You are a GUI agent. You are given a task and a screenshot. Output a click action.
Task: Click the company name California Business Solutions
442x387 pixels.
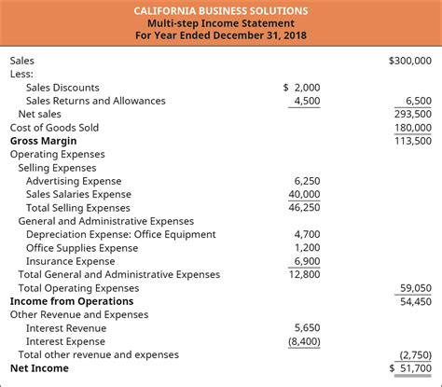point(221,9)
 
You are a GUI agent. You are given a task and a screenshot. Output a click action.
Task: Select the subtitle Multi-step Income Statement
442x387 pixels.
point(221,24)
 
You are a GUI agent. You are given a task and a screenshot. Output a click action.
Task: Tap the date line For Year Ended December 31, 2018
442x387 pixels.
point(221,38)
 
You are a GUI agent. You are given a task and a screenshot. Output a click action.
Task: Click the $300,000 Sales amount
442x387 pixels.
point(409,60)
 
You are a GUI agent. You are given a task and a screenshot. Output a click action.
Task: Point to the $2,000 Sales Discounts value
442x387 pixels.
point(301,87)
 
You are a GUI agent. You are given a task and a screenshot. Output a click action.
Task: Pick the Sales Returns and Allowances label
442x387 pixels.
point(96,101)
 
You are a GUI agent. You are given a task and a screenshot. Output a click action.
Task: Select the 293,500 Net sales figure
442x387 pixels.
point(413,114)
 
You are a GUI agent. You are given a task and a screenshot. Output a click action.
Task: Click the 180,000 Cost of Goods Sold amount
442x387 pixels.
point(413,128)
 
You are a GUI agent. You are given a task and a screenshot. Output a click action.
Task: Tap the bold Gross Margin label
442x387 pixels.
point(44,141)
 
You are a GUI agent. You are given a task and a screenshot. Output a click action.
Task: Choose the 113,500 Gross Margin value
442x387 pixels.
point(413,141)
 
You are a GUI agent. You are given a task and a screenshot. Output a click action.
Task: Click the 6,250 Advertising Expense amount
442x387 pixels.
point(307,181)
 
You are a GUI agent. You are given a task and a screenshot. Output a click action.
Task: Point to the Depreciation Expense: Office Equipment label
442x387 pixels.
point(120,235)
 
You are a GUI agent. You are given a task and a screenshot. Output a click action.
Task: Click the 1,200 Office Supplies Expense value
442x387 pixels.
point(307,248)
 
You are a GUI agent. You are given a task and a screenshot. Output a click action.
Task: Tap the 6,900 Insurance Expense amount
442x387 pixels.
point(307,261)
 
